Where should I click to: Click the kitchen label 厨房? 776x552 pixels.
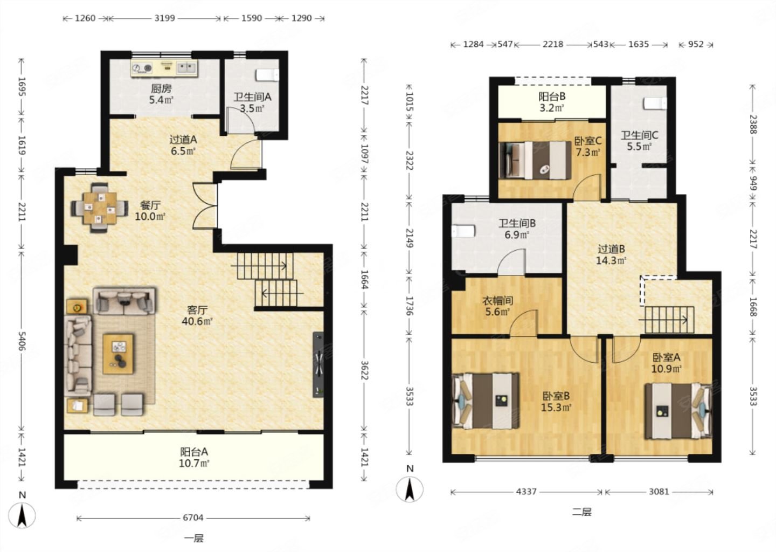tap(161, 89)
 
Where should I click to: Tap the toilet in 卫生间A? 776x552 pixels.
tap(267, 75)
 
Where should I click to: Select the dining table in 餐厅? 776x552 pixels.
tap(100, 207)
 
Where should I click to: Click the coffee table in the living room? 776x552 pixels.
tap(118, 354)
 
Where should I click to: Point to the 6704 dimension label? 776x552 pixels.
tap(193, 518)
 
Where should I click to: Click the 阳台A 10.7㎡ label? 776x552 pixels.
tap(194, 458)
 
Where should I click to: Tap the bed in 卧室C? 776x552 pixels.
tap(535, 161)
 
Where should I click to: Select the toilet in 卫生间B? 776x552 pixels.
tap(463, 231)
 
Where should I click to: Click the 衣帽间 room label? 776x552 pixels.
tap(497, 300)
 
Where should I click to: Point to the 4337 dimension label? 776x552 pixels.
tap(526, 492)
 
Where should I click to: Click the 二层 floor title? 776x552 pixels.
tap(581, 512)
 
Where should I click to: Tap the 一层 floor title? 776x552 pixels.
tap(193, 538)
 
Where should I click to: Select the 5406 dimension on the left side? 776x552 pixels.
tap(22, 341)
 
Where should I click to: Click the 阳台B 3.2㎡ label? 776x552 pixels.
tap(552, 102)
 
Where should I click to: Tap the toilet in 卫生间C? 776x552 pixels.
tap(655, 103)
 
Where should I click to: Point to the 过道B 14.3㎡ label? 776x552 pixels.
tap(611, 254)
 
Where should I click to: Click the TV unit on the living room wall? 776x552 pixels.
tap(318, 364)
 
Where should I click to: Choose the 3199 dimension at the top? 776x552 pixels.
tap(164, 18)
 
